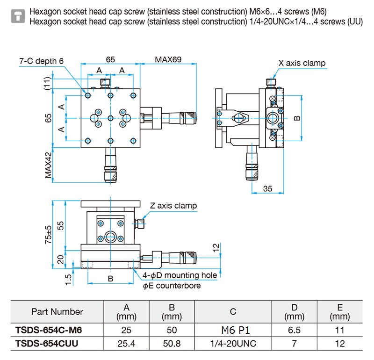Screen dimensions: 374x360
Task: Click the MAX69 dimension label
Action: click(168, 59)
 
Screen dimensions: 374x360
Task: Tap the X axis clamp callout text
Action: click(302, 63)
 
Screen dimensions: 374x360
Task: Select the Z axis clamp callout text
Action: click(173, 206)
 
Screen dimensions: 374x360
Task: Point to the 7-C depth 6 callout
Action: click(42, 61)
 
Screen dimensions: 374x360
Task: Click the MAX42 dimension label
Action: click(49, 165)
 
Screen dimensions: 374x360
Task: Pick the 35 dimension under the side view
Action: click(267, 189)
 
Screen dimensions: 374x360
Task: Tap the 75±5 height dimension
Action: click(49, 235)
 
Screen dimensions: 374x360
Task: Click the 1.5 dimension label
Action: click(68, 280)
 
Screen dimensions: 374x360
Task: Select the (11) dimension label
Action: click(48, 83)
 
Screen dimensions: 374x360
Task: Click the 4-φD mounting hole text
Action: click(180, 275)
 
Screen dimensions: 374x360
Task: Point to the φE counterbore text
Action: click(172, 286)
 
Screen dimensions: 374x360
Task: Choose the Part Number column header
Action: click(57, 311)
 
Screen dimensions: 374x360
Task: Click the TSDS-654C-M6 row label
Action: click(49, 330)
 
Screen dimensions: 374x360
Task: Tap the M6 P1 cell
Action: click(236, 330)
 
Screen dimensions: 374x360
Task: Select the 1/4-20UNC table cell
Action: click(233, 344)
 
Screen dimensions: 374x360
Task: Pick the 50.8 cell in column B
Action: click(172, 344)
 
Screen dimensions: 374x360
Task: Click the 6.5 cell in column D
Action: click(294, 330)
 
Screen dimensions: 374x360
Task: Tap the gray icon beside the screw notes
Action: click(18, 16)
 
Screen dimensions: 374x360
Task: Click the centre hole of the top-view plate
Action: click(110, 118)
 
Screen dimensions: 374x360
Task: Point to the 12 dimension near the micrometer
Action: click(216, 248)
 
